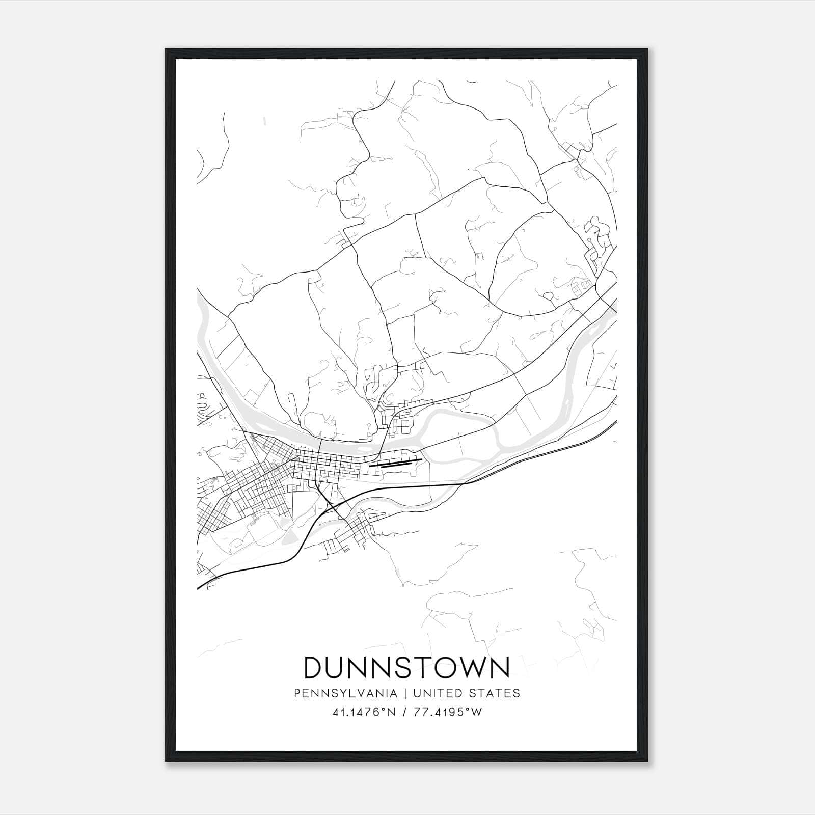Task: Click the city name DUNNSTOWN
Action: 406,667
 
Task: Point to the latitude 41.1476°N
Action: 363,712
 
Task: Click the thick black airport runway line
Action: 396,464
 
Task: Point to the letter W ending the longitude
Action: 477,712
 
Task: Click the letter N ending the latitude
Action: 392,712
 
